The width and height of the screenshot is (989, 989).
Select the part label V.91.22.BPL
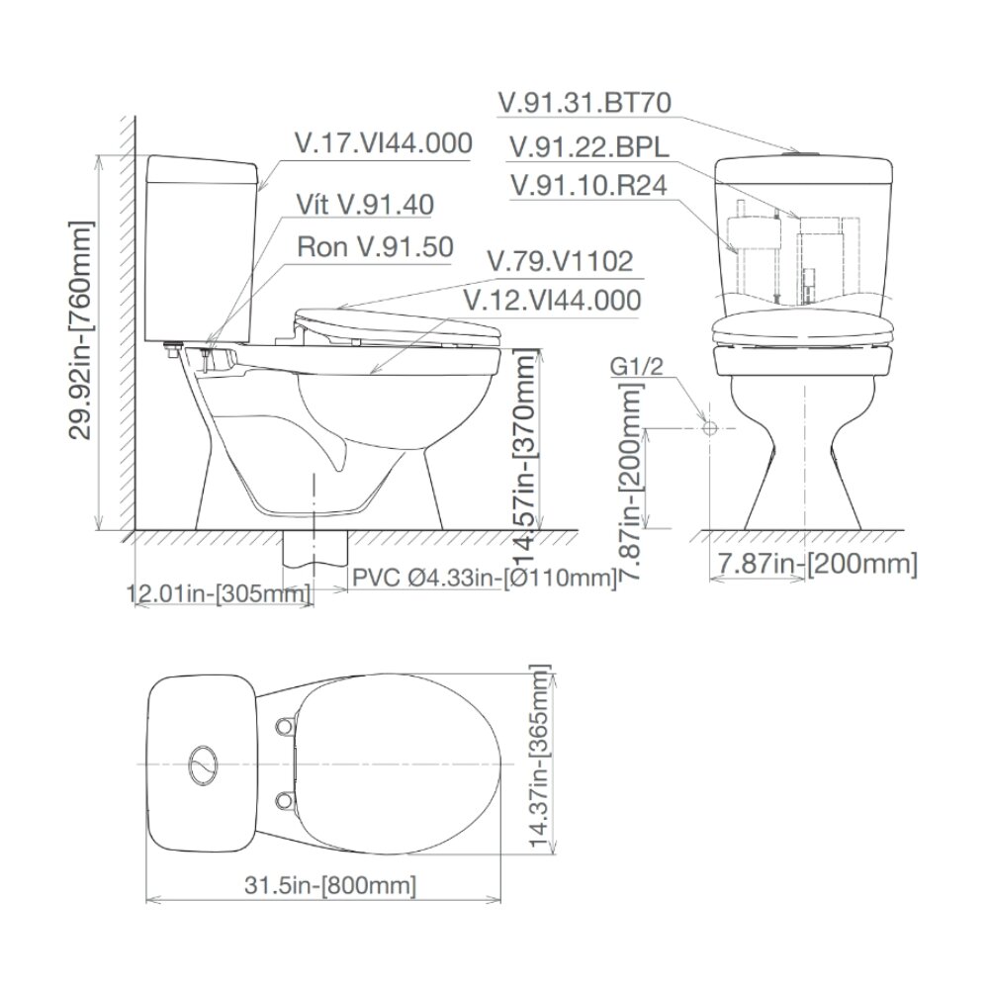coord(588,146)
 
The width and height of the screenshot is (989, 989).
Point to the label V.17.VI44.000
coord(383,143)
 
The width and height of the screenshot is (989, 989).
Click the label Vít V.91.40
coord(365,205)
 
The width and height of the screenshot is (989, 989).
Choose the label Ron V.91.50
coord(375,246)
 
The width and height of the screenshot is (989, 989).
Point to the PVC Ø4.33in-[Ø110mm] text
coord(483,578)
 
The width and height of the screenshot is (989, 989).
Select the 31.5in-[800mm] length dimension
coord(331,885)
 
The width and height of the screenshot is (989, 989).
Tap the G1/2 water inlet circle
coord(708,427)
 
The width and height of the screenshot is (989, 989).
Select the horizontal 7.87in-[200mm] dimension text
coord(815,564)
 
